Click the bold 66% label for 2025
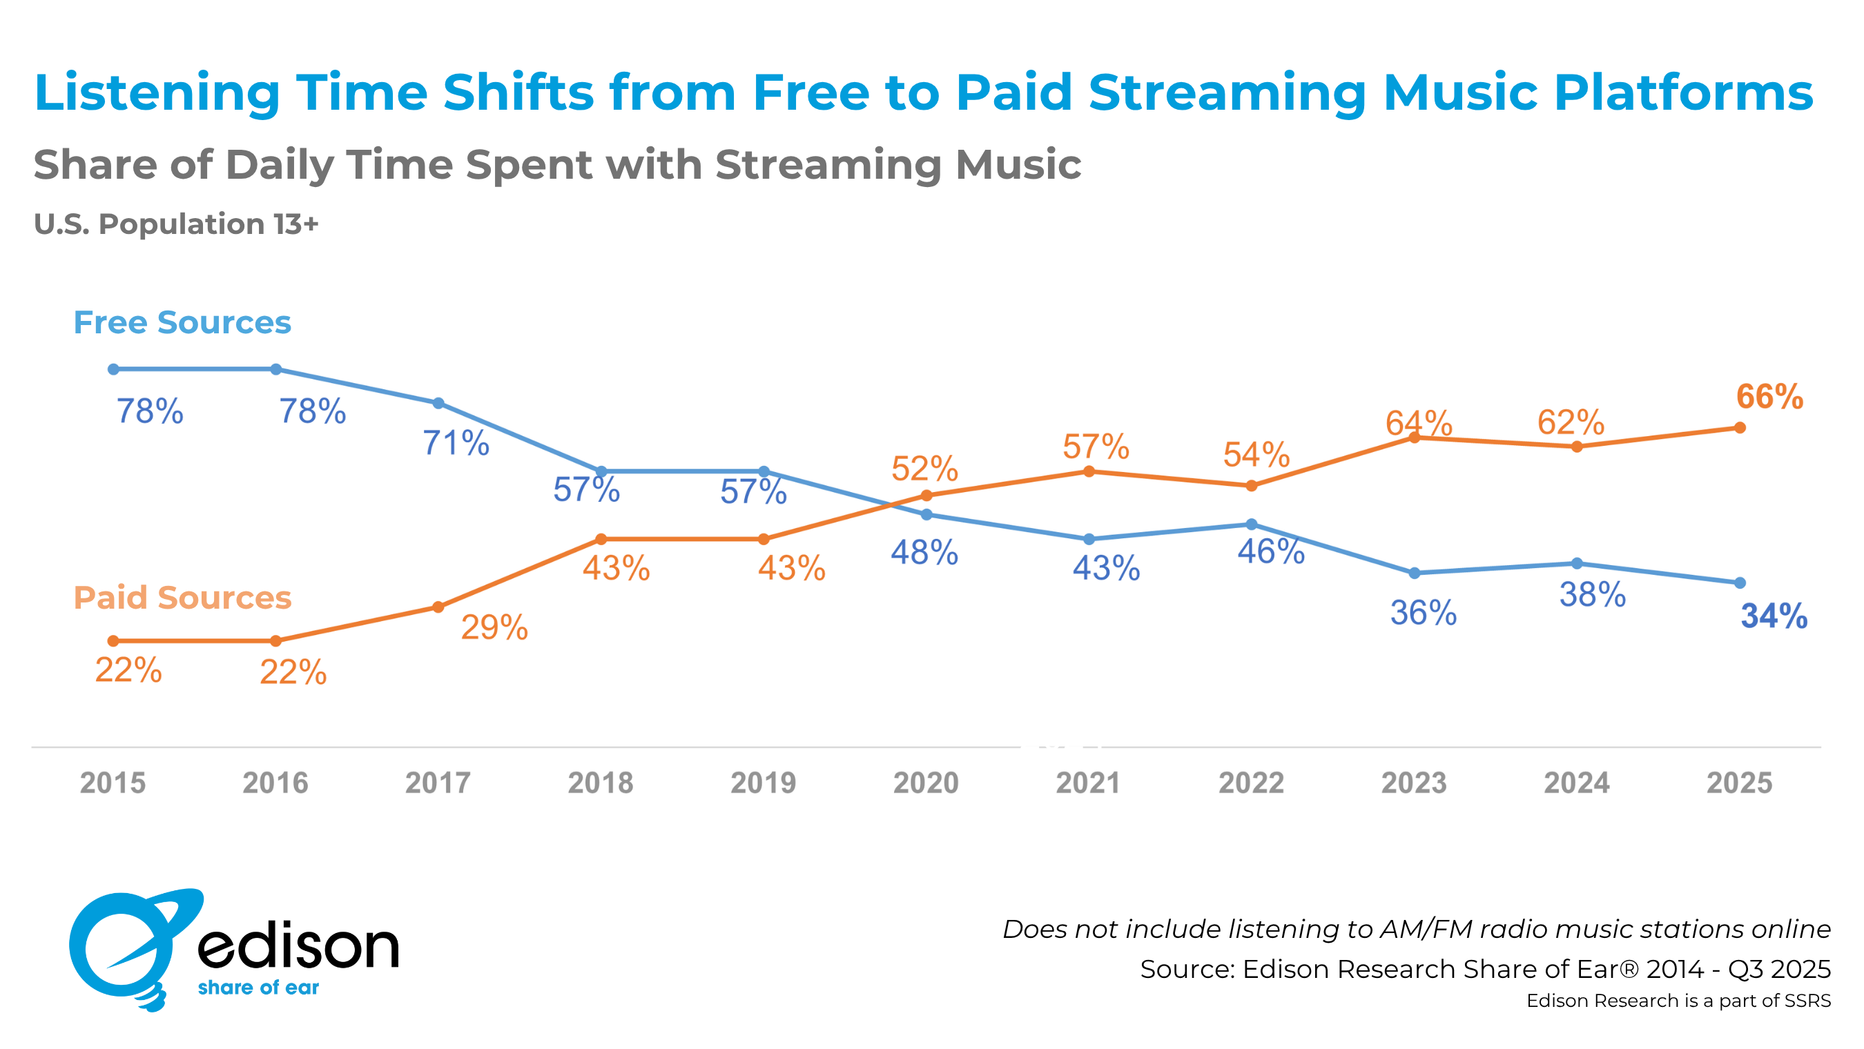(x=1769, y=398)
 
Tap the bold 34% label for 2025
(x=1774, y=616)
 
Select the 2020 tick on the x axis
(x=926, y=783)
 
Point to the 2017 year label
(x=438, y=783)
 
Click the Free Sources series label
(x=182, y=323)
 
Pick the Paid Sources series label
(x=182, y=598)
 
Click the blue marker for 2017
(x=438, y=403)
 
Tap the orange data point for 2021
(x=1088, y=471)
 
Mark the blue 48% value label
(x=924, y=553)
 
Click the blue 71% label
(x=455, y=443)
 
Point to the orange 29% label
(x=494, y=627)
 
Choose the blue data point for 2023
(x=1415, y=573)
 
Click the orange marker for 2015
(x=113, y=641)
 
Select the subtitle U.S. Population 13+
(x=176, y=224)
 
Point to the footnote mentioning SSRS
(x=1678, y=1001)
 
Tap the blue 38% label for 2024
(x=1592, y=595)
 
